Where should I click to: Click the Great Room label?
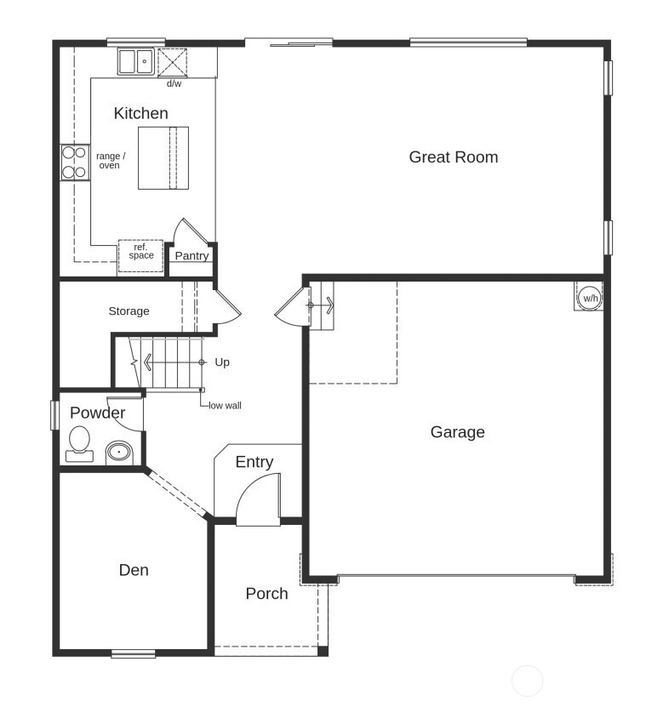click(453, 157)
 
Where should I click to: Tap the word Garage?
click(457, 432)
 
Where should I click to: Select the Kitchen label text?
click(140, 113)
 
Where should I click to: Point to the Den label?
click(134, 570)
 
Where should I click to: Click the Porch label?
click(266, 594)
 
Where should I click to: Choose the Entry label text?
click(254, 462)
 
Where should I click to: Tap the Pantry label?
click(192, 256)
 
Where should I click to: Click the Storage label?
click(129, 311)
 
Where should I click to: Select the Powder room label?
click(97, 413)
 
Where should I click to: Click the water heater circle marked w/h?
click(590, 299)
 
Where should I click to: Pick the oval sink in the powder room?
click(119, 453)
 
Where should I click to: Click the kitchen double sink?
click(135, 61)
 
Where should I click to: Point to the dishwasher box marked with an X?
click(173, 62)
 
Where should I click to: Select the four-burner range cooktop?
click(75, 162)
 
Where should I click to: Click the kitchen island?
click(163, 158)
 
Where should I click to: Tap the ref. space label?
click(141, 252)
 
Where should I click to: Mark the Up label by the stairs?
click(222, 362)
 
